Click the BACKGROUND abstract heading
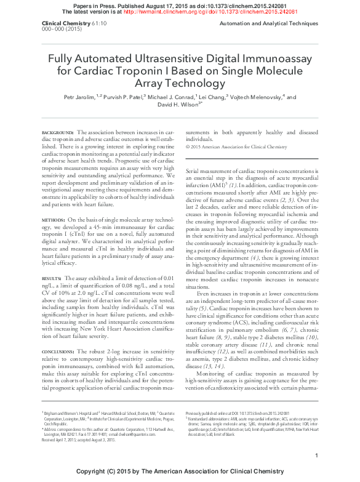point(57,132)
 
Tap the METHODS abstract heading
point(53,219)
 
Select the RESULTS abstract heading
point(52,278)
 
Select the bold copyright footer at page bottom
point(180,472)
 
